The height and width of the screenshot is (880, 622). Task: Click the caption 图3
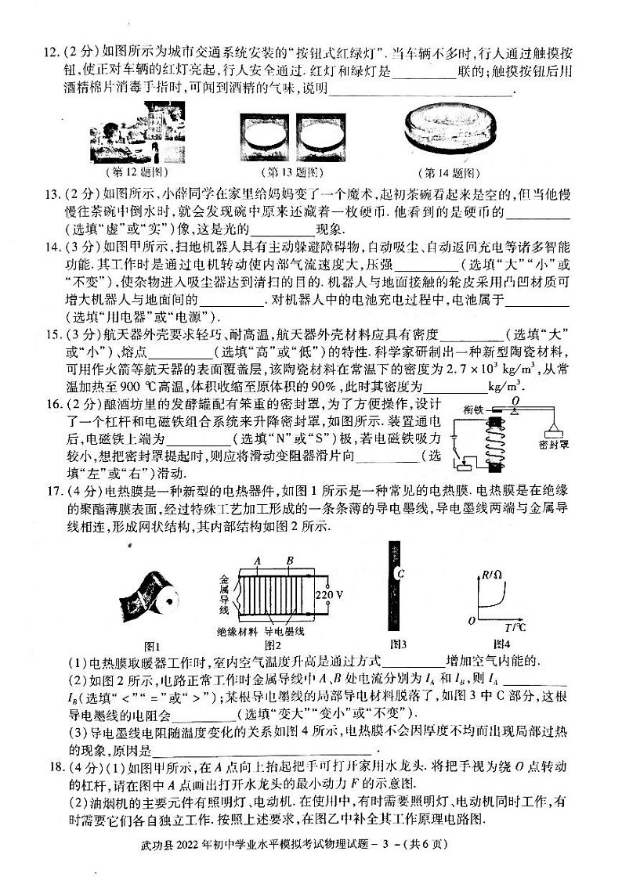397,645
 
